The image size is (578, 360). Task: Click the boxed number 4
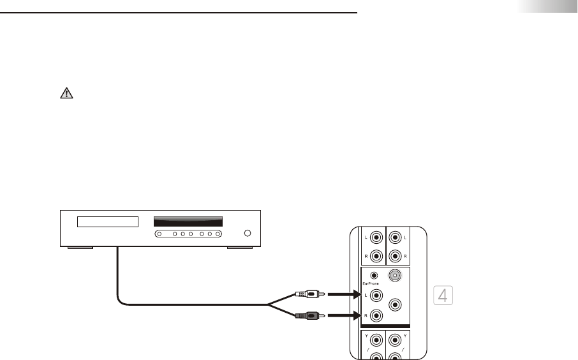tap(443, 296)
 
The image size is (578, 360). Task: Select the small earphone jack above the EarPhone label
tap(374, 276)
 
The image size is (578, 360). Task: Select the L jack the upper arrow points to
tap(376, 296)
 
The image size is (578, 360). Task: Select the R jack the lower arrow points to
tap(376, 315)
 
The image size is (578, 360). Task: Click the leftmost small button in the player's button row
tap(159, 234)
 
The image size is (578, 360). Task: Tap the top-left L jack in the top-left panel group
tap(376, 238)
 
